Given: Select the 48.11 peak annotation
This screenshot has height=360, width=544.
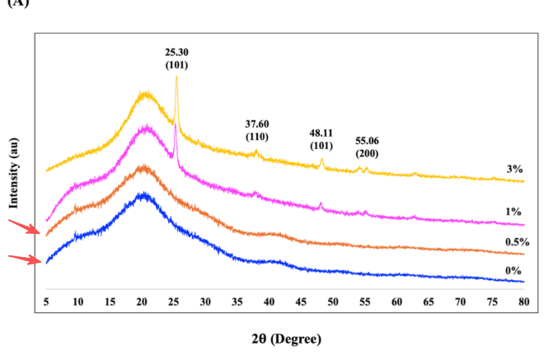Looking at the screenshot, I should (x=321, y=132).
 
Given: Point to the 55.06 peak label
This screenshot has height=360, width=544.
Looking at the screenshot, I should (x=367, y=141).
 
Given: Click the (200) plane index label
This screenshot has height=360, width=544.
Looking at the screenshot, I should (x=367, y=153).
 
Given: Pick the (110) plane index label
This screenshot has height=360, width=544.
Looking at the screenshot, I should (x=257, y=136).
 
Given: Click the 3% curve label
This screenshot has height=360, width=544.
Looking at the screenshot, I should (x=515, y=169).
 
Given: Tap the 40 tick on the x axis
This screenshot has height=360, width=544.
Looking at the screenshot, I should (x=269, y=302).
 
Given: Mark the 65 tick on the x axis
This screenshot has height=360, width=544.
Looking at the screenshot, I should (x=429, y=302).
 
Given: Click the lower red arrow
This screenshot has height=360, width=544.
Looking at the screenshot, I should (x=26, y=259).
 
